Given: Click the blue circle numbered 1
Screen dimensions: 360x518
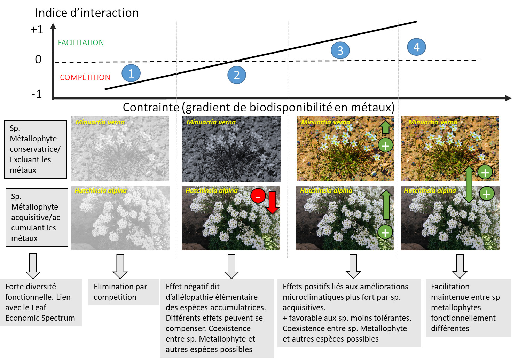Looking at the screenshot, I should click(131, 73).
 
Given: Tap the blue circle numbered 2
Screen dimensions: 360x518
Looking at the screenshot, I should click(237, 75).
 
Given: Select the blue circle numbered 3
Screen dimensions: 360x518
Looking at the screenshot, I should click(340, 50).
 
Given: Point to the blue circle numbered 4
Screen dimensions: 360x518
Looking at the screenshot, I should click(416, 47).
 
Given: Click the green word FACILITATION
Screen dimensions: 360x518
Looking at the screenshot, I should click(81, 42).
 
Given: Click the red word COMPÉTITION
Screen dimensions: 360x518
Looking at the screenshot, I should click(85, 77).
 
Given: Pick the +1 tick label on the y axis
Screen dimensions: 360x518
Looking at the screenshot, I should click(37, 30).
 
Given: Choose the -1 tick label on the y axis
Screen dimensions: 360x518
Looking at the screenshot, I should click(37, 94).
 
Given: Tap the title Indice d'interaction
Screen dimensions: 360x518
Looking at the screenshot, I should click(87, 13).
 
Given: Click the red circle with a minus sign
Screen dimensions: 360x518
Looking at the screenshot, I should click(258, 196).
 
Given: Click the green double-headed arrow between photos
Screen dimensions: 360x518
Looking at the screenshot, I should click(469, 185).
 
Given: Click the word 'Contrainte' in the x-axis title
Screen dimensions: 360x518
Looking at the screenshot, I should click(151, 107).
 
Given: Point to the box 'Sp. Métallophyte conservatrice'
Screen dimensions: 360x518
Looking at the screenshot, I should click(36, 149).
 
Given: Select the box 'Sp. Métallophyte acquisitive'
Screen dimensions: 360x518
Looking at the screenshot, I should click(37, 217).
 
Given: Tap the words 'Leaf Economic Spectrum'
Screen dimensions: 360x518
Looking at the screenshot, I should click(40, 313).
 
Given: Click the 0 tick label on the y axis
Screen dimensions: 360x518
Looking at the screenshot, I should click(38, 60).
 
